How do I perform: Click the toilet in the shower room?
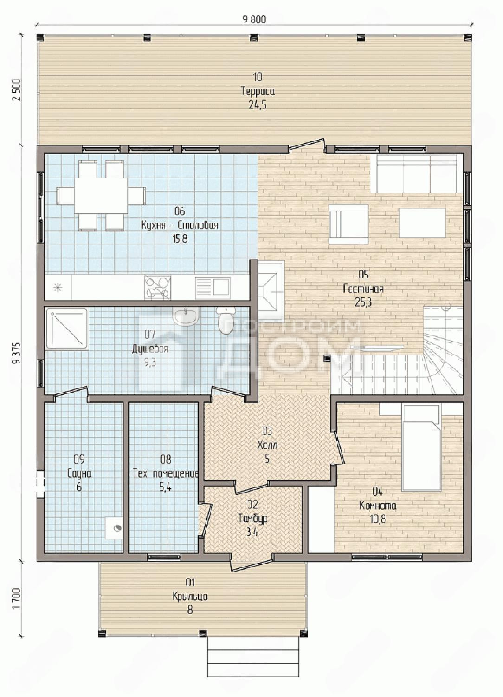[226, 321]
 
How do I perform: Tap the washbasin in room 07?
[186, 316]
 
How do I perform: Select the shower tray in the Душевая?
[67, 328]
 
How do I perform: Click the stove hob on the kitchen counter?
[157, 288]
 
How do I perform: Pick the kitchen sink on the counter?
[213, 288]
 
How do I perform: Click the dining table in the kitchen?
[101, 196]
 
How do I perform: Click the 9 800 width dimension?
[254, 20]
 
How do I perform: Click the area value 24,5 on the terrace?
[257, 105]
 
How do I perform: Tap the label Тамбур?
[253, 519]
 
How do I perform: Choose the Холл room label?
[267, 445]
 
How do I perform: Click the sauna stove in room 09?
[113, 528]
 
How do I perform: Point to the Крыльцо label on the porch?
[190, 597]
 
